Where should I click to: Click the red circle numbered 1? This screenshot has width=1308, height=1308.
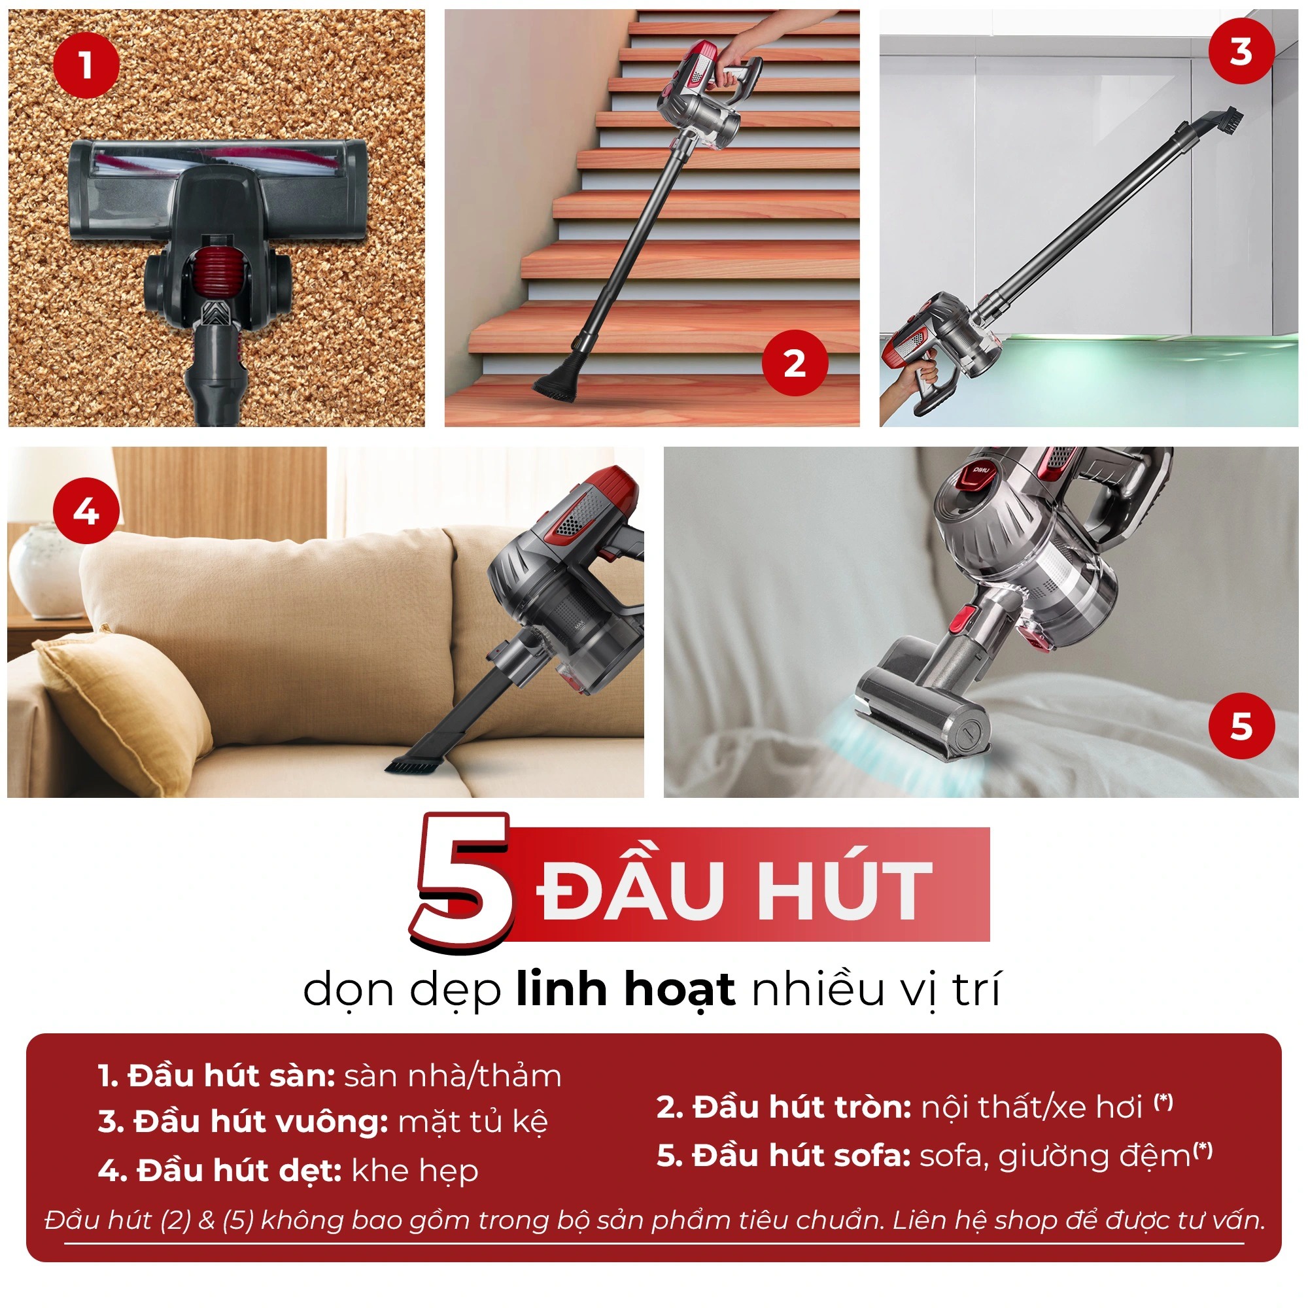[x=86, y=65]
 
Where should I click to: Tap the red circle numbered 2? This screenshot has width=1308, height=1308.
[x=795, y=364]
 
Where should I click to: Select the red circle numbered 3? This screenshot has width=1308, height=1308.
[x=1241, y=52]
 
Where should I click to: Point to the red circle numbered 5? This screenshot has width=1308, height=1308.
[x=1241, y=726]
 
